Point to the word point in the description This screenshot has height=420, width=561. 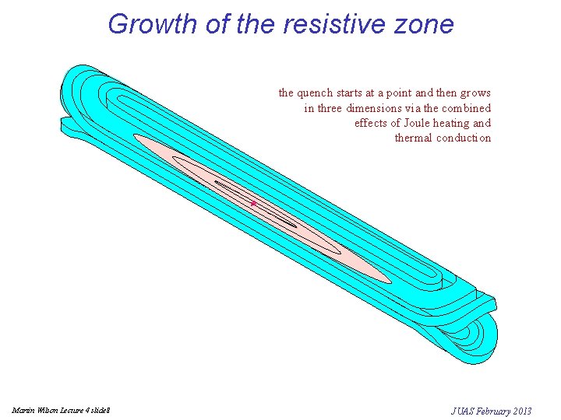click(x=396, y=93)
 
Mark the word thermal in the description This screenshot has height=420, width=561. click(x=413, y=138)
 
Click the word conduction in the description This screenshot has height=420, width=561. click(x=464, y=138)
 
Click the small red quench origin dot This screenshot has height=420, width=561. click(x=253, y=203)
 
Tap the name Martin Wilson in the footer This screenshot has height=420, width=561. click(x=29, y=410)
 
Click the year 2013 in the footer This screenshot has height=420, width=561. click(x=522, y=410)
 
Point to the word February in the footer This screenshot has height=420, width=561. click(x=494, y=410)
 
